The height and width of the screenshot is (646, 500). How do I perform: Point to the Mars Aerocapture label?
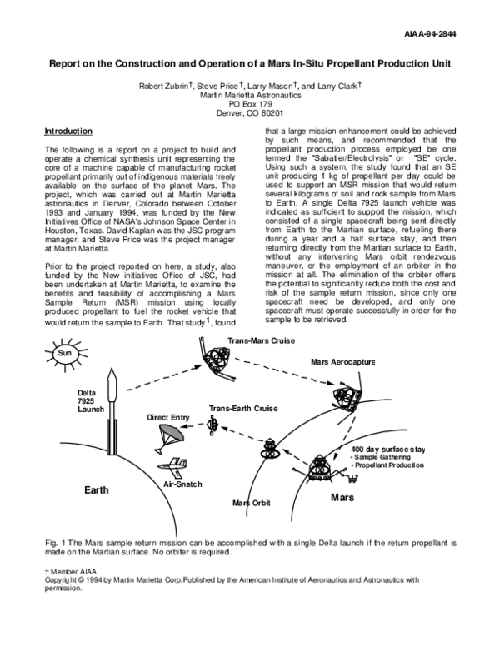coord(342,363)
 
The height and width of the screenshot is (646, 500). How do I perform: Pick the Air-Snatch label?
coord(182,484)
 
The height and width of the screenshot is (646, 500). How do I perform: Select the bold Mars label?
coord(343,497)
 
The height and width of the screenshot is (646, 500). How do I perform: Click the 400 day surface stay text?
coord(388,450)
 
